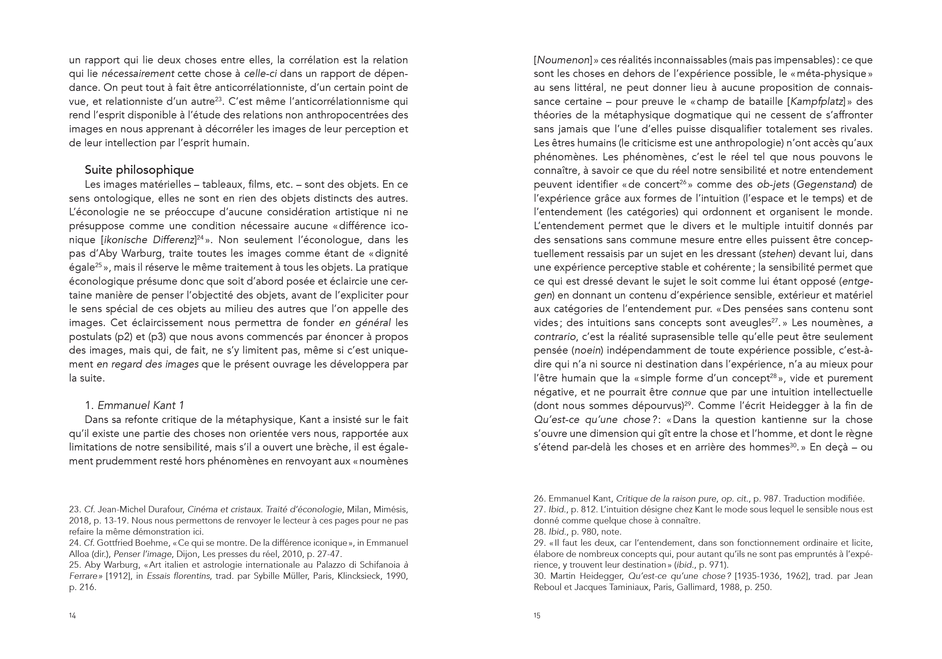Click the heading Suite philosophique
pyautogui.click(x=139, y=170)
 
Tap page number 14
pyautogui.click(x=72, y=616)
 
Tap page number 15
pyautogui.click(x=537, y=616)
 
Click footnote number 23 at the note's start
pyautogui.click(x=74, y=510)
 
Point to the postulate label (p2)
pyautogui.click(x=117, y=337)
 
